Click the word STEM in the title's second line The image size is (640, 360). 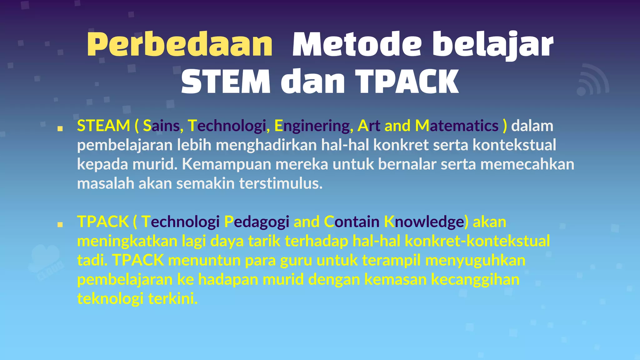[x=226, y=82]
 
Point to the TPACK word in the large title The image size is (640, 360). [x=407, y=82]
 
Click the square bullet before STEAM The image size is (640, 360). [x=60, y=128]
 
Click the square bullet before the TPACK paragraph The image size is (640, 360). [x=60, y=224]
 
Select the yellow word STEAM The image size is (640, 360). [x=103, y=126]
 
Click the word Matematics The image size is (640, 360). [x=457, y=126]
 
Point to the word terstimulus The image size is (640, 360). [x=281, y=183]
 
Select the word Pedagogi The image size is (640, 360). [x=257, y=222]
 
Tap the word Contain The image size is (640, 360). [x=352, y=222]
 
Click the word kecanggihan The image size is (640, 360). [x=475, y=280]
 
